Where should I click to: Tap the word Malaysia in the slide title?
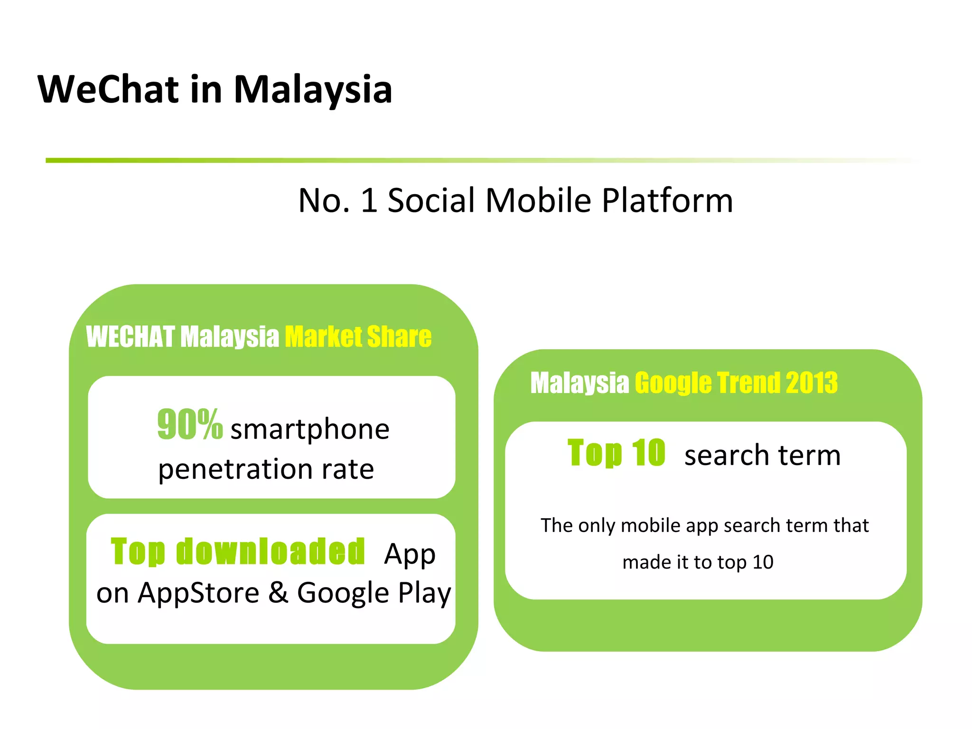[313, 90]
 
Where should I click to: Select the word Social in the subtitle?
[431, 200]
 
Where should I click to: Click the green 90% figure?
[190, 424]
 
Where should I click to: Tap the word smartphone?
[310, 430]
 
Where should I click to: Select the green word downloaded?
[271, 551]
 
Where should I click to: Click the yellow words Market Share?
[358, 336]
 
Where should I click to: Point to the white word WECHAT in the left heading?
[131, 336]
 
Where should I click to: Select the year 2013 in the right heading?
[812, 383]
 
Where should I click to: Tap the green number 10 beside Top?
[648, 453]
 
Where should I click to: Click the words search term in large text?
[762, 455]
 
